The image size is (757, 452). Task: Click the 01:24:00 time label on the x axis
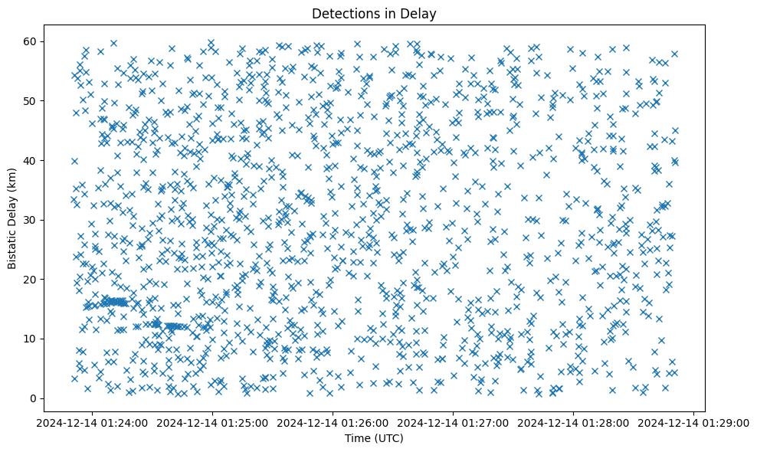coord(92,422)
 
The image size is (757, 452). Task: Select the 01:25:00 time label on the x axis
coord(212,422)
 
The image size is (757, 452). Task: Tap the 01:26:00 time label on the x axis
coord(333,422)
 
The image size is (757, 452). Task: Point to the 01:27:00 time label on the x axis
coord(453,422)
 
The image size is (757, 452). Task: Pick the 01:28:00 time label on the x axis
coord(573,422)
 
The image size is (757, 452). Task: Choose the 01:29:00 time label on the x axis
coord(693,422)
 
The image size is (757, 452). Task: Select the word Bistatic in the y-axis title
coord(12,245)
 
